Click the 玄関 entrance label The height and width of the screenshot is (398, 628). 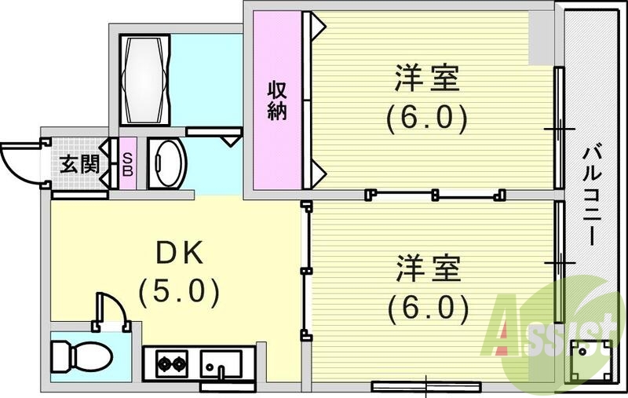click(79, 165)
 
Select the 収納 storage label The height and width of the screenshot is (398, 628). click(276, 100)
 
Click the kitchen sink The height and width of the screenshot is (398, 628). click(220, 364)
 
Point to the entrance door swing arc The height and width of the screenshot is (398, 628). click(17, 161)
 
